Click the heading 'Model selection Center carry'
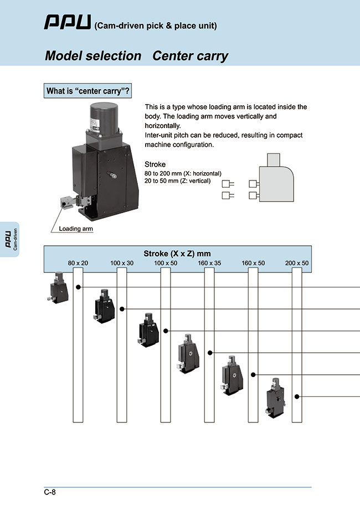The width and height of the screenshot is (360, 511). tap(136, 56)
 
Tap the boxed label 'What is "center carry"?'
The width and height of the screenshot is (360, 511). tap(88, 91)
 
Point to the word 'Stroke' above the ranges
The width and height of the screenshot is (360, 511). tap(155, 164)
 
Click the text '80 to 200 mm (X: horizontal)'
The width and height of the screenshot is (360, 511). tap(183, 173)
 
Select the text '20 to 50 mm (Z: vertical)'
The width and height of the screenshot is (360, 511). tap(178, 181)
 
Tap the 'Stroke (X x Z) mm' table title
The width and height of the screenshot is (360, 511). tap(177, 254)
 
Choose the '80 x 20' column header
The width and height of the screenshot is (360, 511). tap(78, 263)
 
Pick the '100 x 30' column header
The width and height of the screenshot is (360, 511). tap(122, 263)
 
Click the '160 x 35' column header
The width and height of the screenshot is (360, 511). tap(209, 263)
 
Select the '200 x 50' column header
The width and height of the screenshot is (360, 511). tap(297, 263)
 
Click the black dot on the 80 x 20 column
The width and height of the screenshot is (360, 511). tap(79, 287)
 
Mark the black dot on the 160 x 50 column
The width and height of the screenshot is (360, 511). tap(253, 375)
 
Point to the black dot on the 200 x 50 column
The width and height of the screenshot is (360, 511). tap(297, 396)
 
